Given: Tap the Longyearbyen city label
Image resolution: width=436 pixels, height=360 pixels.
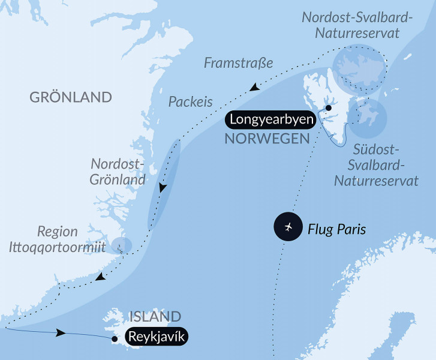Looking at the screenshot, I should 270,120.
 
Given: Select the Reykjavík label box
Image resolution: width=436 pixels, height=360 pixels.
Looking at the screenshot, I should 156,337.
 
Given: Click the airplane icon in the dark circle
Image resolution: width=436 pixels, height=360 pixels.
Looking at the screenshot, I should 288,227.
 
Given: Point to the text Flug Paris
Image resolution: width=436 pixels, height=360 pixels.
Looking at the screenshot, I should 336,229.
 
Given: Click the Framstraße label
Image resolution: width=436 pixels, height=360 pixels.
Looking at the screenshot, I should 238,63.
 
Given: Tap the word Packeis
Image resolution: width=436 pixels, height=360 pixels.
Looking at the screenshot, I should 190,102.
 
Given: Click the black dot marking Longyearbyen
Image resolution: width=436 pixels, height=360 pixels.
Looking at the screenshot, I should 328,108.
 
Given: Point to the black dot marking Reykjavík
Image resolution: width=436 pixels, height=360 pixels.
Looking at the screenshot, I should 114,339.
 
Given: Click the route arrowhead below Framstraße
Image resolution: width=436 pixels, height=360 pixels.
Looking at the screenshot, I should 255,89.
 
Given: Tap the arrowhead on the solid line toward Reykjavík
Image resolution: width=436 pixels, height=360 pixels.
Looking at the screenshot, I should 60,332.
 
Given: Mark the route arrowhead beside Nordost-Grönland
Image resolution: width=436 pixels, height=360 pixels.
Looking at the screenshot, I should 162,188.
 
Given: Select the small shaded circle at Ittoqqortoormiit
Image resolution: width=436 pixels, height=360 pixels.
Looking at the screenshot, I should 121,245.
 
